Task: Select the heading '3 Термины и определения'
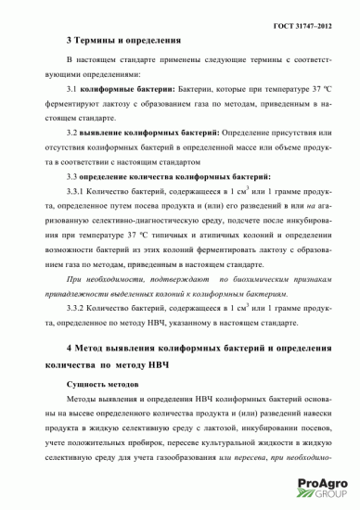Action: (x=117, y=42)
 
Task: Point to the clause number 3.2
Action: (x=74, y=134)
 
